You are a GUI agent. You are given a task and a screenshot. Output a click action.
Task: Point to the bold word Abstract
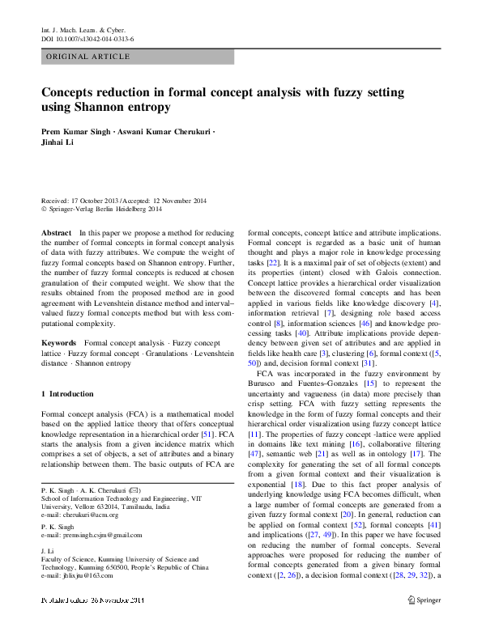coord(56,232)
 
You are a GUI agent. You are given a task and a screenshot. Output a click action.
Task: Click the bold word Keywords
coord(59,344)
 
